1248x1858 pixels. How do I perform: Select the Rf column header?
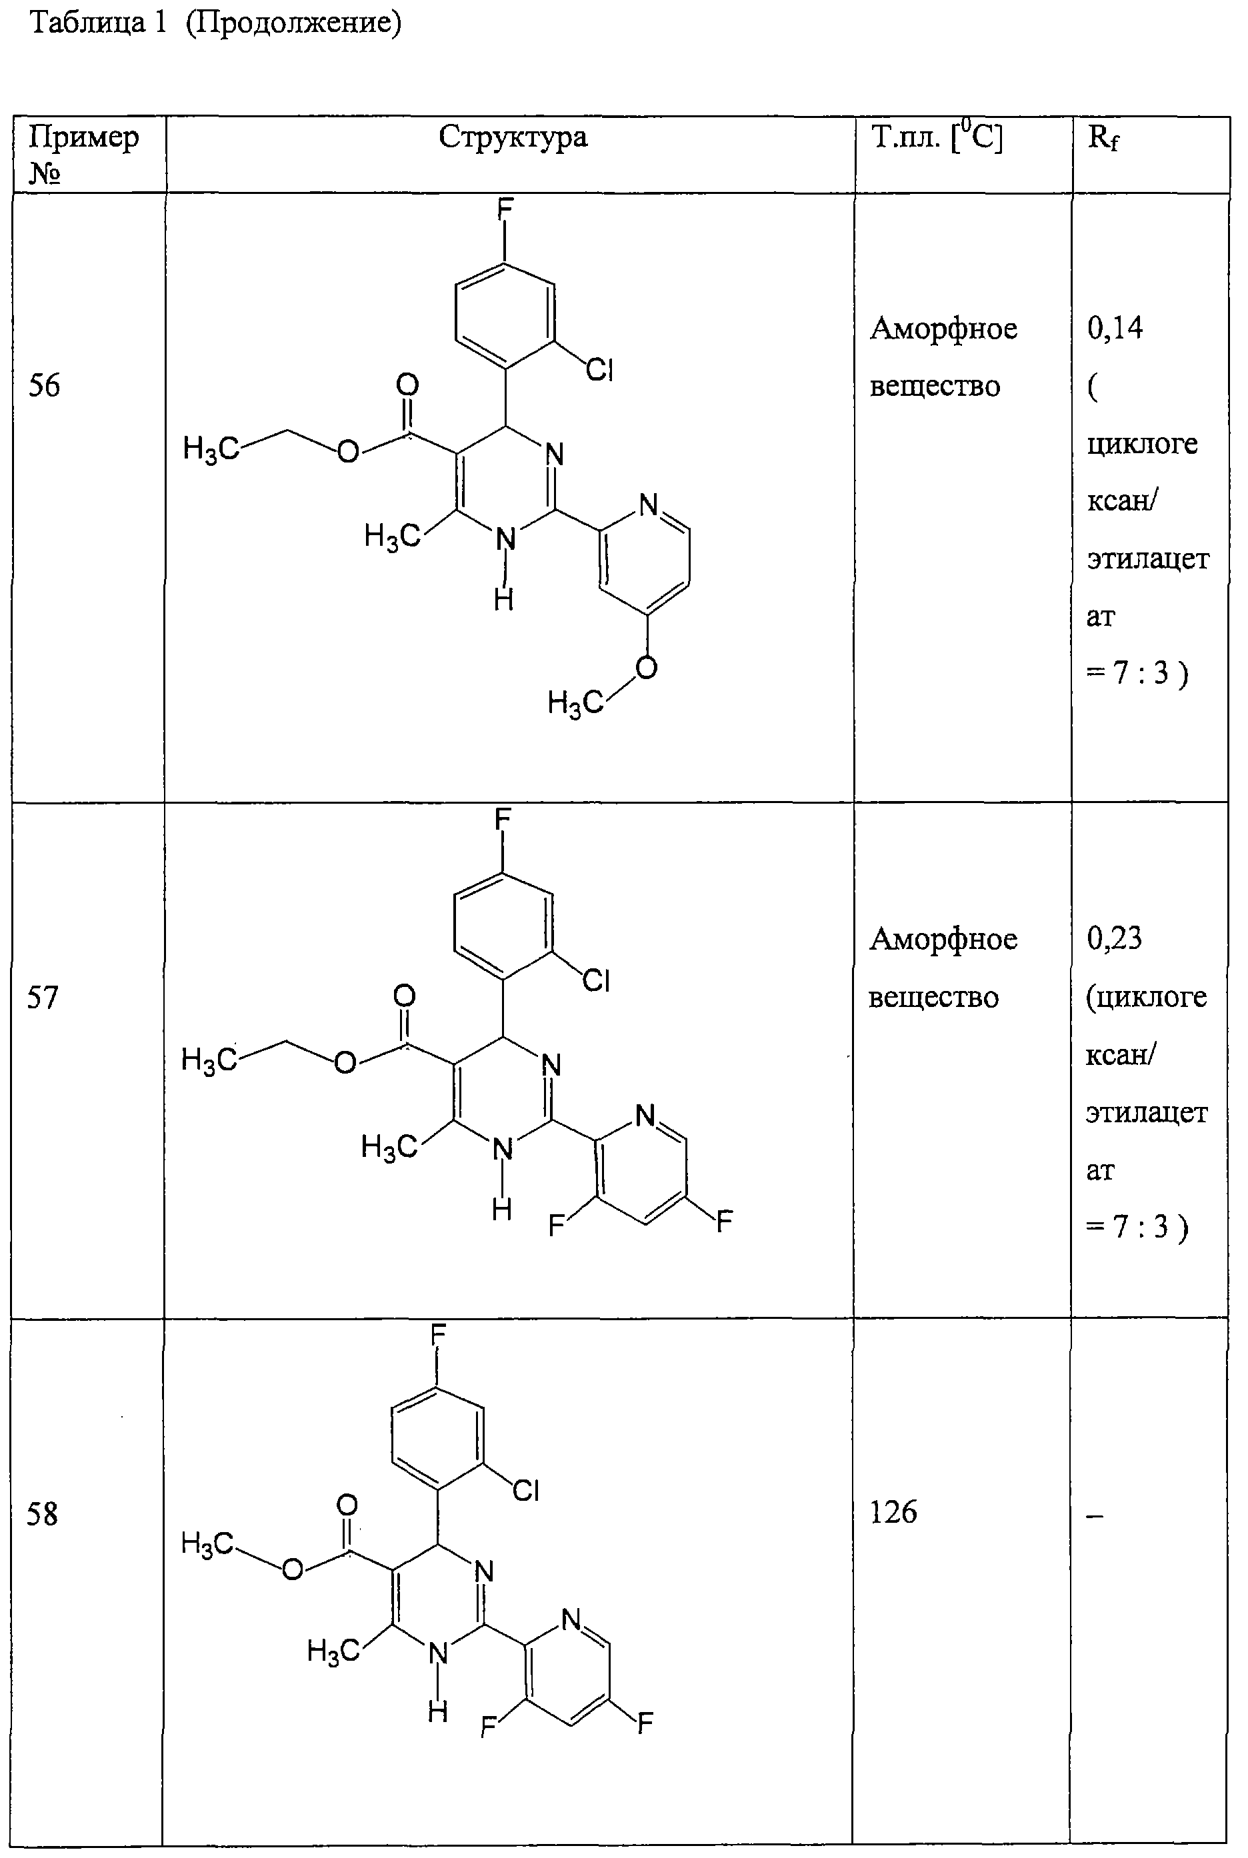[1103, 139]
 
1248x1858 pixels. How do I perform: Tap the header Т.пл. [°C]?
[937, 137]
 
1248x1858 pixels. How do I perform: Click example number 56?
[45, 385]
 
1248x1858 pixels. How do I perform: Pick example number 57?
[43, 997]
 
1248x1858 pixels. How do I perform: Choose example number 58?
[42, 1513]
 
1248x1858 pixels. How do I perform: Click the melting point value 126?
[893, 1512]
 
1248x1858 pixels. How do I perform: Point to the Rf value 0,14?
[1115, 328]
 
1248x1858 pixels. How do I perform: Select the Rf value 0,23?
[1114, 939]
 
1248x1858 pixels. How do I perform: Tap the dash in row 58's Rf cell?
[1095, 1517]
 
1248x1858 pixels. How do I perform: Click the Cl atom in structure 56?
[599, 370]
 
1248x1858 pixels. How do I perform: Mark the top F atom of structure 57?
[502, 819]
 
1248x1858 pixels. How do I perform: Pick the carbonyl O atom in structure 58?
[347, 1504]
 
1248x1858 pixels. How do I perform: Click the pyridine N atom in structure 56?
[649, 504]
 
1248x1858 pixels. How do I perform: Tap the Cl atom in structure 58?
[526, 1490]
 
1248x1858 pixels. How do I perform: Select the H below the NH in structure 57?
[501, 1210]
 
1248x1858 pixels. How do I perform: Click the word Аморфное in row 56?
[943, 329]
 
